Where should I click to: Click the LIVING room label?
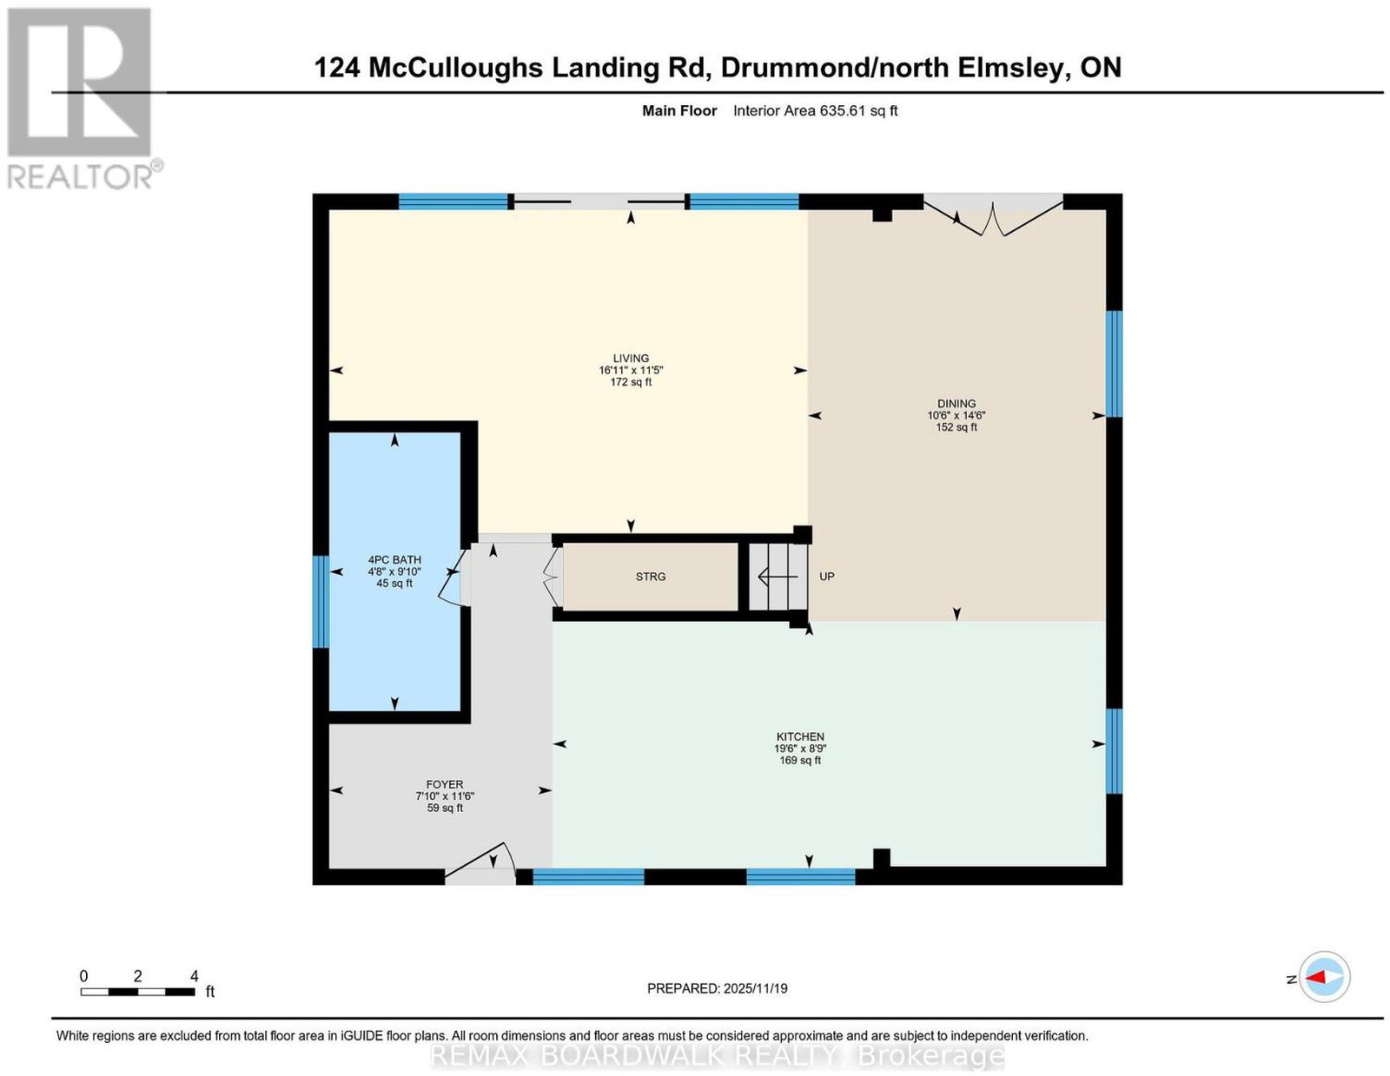click(630, 358)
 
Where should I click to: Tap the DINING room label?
click(956, 404)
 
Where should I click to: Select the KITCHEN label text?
click(799, 736)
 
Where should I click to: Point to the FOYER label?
click(444, 784)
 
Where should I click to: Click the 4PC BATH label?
click(394, 559)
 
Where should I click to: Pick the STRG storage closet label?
click(650, 576)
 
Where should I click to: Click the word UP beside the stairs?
click(826, 576)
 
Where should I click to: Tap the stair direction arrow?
click(778, 577)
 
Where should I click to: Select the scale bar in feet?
click(137, 992)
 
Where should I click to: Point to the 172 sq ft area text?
click(630, 382)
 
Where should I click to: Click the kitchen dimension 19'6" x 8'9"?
click(799, 748)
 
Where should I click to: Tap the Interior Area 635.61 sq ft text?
click(815, 110)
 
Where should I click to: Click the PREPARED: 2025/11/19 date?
click(717, 987)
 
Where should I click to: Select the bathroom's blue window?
click(321, 601)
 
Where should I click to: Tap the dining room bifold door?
click(992, 216)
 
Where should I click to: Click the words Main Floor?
click(678, 110)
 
